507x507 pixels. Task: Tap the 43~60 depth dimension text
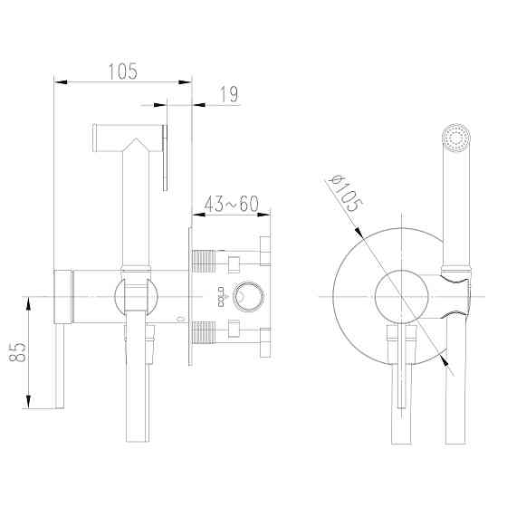[232, 206]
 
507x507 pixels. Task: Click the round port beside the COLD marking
[245, 296]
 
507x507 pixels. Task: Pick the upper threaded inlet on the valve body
[209, 262]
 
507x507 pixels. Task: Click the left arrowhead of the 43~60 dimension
[197, 215]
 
